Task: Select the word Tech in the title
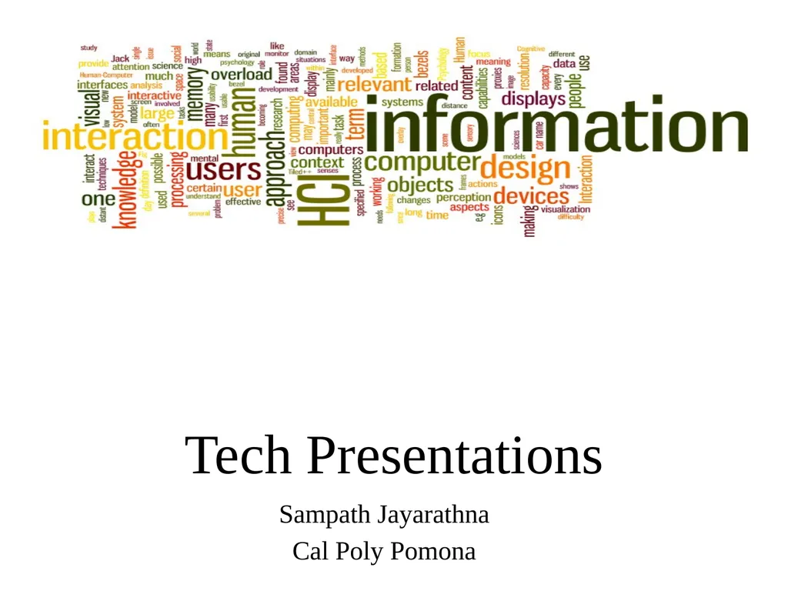point(239,456)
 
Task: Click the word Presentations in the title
point(454,456)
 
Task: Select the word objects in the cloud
point(420,185)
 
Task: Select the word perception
point(463,197)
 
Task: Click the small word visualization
point(566,209)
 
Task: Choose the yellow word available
point(331,102)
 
